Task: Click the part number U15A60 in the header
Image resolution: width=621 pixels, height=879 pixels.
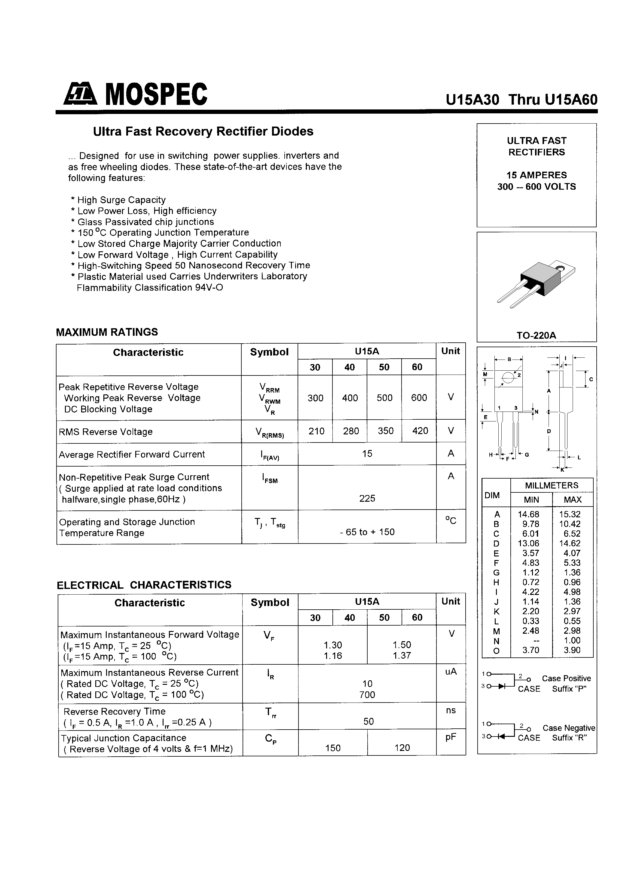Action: [x=571, y=100]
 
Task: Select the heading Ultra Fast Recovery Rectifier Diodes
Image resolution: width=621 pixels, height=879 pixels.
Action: [x=203, y=131]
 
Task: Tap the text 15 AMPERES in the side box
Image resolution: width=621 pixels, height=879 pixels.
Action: [x=537, y=175]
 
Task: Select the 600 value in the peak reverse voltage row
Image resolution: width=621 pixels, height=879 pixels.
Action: [x=419, y=398]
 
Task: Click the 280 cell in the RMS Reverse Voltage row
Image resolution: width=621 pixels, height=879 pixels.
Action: [x=351, y=431]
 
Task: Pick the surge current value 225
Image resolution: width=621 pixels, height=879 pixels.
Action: [x=367, y=498]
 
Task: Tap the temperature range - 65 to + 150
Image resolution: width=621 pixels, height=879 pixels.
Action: [x=367, y=532]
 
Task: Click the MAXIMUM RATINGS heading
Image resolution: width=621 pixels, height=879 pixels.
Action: [x=107, y=332]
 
